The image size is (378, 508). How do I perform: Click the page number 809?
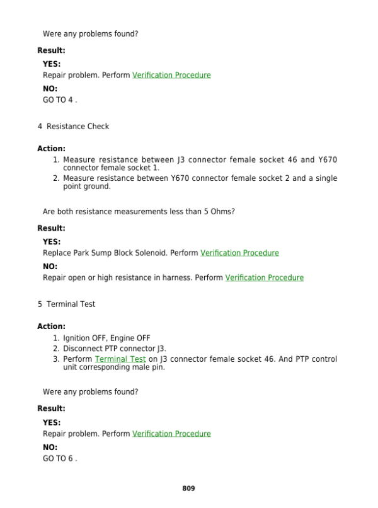(x=188, y=488)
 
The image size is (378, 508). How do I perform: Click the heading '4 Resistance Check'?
(x=73, y=127)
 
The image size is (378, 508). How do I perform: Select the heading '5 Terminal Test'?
(x=66, y=304)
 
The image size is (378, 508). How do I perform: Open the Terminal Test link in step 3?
(x=120, y=359)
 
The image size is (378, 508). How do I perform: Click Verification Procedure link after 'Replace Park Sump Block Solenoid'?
(x=239, y=253)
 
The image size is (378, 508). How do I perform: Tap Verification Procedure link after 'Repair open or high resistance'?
(x=264, y=277)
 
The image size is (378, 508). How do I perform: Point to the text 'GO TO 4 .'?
(x=60, y=100)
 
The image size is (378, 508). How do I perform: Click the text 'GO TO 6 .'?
(x=60, y=458)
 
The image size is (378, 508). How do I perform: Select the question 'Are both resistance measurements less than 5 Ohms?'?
(x=139, y=212)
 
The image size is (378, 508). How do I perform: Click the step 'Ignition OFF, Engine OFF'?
(x=106, y=338)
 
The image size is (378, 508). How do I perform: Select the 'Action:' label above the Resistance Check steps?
(x=51, y=149)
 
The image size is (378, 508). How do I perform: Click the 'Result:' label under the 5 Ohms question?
(x=51, y=228)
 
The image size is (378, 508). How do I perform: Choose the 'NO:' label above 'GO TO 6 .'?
(x=50, y=447)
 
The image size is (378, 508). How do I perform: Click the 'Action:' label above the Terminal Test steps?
(x=51, y=326)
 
